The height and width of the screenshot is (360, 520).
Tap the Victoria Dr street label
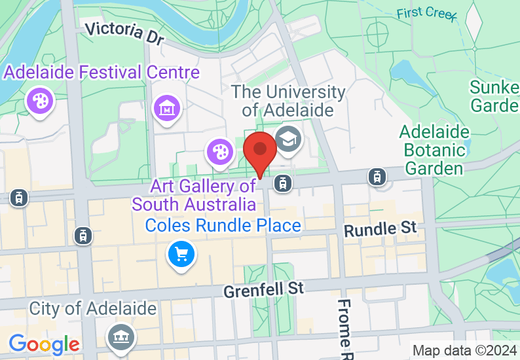(124, 33)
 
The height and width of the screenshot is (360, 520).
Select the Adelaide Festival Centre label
(102, 71)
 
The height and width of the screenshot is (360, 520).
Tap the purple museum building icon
(166, 107)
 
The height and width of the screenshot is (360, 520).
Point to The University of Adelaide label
(288, 101)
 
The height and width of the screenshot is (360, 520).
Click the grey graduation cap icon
(287, 138)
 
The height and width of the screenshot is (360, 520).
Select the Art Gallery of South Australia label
(194, 195)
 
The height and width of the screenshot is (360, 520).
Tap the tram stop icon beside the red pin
(283, 183)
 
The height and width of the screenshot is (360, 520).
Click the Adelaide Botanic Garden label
(434, 150)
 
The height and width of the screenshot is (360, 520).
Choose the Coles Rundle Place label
(223, 226)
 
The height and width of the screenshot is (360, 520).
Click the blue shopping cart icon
(181, 254)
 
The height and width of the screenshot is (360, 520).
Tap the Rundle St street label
(380, 229)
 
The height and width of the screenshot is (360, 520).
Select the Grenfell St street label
(264, 289)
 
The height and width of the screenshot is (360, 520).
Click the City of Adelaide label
(92, 308)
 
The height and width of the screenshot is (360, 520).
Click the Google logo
(44, 344)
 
